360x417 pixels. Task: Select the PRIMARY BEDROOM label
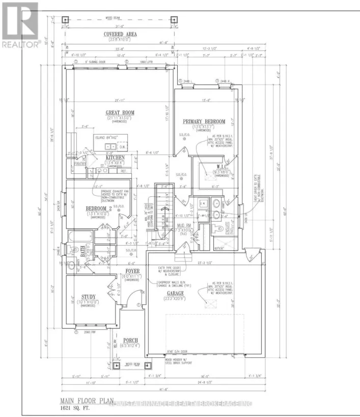pyautogui.click(x=204, y=121)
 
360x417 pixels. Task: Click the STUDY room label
pyautogui.click(x=89, y=296)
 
